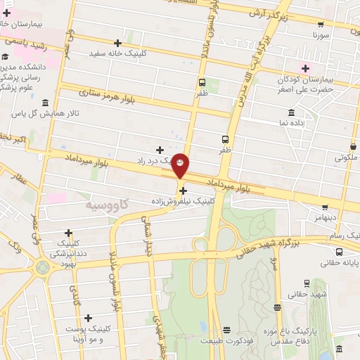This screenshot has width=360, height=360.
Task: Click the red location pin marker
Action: [x=181, y=165]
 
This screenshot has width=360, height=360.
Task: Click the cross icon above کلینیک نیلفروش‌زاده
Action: [x=183, y=190]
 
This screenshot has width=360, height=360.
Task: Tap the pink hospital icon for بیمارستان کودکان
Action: [x=305, y=68]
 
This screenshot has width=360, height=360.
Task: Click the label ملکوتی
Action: [x=345, y=158]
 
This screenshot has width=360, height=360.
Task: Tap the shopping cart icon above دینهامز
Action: [x=325, y=207]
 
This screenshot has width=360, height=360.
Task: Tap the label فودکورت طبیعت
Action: [x=226, y=341]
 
